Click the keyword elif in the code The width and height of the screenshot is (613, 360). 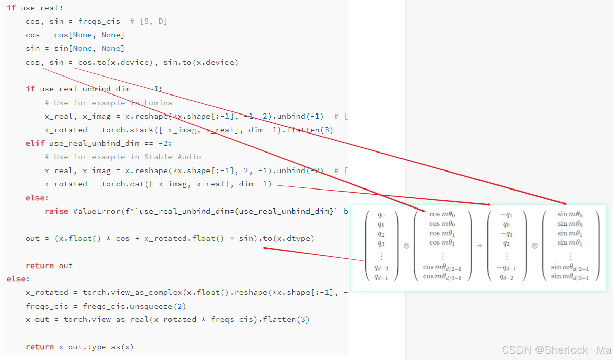pyautogui.click(x=35, y=143)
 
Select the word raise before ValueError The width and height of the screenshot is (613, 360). pyautogui.click(x=56, y=211)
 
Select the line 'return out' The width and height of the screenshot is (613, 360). pyautogui.click(x=49, y=266)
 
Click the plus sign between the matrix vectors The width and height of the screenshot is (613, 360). pyautogui.click(x=480, y=246)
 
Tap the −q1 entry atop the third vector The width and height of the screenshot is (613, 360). pyautogui.click(x=506, y=215)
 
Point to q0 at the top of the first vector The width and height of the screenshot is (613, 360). pyautogui.click(x=381, y=215)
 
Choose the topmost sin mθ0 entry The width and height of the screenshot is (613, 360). pyautogui.click(x=570, y=214)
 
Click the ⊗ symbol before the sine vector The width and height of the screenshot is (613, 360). pyautogui.click(x=534, y=246)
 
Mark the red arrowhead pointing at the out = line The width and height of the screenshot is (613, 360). pyautogui.click(x=265, y=248)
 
